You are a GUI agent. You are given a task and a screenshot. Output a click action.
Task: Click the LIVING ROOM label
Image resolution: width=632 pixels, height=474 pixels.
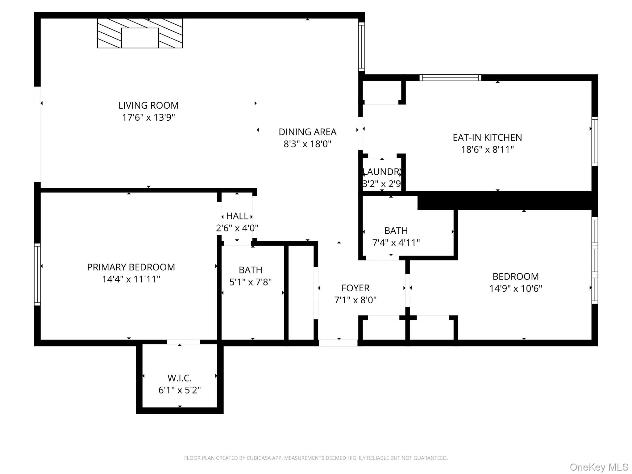pyautogui.click(x=148, y=106)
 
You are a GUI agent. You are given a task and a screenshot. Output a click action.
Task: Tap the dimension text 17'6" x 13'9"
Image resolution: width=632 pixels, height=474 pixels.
pyautogui.click(x=148, y=118)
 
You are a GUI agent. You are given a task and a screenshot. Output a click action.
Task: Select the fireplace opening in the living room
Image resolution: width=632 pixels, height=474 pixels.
pyautogui.click(x=140, y=38)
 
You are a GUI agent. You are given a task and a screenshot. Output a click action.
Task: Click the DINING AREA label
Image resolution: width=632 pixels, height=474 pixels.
pyautogui.click(x=307, y=132)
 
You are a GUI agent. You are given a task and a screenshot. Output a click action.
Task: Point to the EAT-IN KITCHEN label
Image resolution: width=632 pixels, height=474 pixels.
pyautogui.click(x=487, y=138)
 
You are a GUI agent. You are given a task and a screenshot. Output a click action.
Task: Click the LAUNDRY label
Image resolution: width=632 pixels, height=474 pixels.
pyautogui.click(x=382, y=172)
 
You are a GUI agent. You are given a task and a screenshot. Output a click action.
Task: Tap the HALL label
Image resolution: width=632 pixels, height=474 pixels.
pyautogui.click(x=237, y=216)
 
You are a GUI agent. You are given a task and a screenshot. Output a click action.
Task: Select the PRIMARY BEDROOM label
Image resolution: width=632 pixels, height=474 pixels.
pyautogui.click(x=131, y=267)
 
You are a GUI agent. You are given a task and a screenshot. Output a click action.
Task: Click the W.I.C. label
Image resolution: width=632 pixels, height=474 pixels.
pyautogui.click(x=180, y=378)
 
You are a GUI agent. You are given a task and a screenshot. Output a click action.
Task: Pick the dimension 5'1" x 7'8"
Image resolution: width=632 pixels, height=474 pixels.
pyautogui.click(x=250, y=282)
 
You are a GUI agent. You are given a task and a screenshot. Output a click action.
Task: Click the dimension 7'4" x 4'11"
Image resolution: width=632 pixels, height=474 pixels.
pyautogui.click(x=396, y=243)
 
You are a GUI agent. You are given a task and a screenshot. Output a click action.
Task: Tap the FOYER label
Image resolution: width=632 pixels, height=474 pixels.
pyautogui.click(x=355, y=288)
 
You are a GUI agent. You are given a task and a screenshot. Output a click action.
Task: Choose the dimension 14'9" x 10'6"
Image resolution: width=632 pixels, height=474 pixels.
pyautogui.click(x=515, y=289)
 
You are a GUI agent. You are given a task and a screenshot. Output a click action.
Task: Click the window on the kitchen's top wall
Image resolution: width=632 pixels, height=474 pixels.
pyautogui.click(x=450, y=78)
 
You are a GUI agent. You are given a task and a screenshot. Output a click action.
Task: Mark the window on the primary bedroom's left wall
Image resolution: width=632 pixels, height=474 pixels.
pyautogui.click(x=37, y=274)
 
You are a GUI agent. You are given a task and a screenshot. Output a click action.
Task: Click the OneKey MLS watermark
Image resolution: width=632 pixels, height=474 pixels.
pyautogui.click(x=599, y=467)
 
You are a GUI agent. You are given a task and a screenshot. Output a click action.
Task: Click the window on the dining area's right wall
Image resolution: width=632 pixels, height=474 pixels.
pyautogui.click(x=361, y=47)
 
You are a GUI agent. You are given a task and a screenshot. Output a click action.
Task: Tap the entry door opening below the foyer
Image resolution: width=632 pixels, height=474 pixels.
pyautogui.click(x=338, y=343)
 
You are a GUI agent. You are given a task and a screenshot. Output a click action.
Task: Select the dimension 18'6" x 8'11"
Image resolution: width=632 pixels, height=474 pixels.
pyautogui.click(x=487, y=150)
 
